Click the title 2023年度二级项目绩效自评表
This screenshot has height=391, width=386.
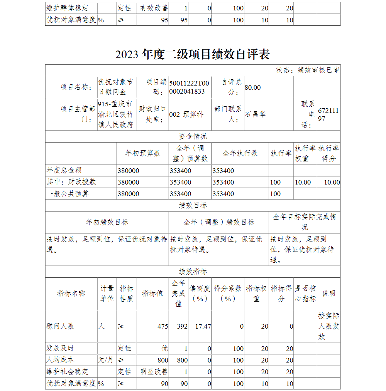click(192, 54)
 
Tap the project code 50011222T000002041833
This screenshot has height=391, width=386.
click(189, 87)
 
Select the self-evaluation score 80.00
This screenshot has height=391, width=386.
click(252, 87)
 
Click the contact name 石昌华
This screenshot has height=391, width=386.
click(256, 114)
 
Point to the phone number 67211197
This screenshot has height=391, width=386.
click(328, 115)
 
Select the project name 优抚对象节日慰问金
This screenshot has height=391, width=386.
click(116, 87)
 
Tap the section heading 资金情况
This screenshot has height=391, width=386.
click(193, 136)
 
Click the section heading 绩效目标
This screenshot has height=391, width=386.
click(193, 205)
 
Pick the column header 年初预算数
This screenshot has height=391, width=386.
click(142, 153)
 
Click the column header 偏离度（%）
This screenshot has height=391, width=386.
click(200, 293)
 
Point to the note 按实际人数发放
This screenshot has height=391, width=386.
click(328, 326)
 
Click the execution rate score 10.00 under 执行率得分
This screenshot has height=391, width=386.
click(332, 182)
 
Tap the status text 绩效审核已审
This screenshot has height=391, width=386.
click(308, 70)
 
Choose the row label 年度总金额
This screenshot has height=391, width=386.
click(64, 170)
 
